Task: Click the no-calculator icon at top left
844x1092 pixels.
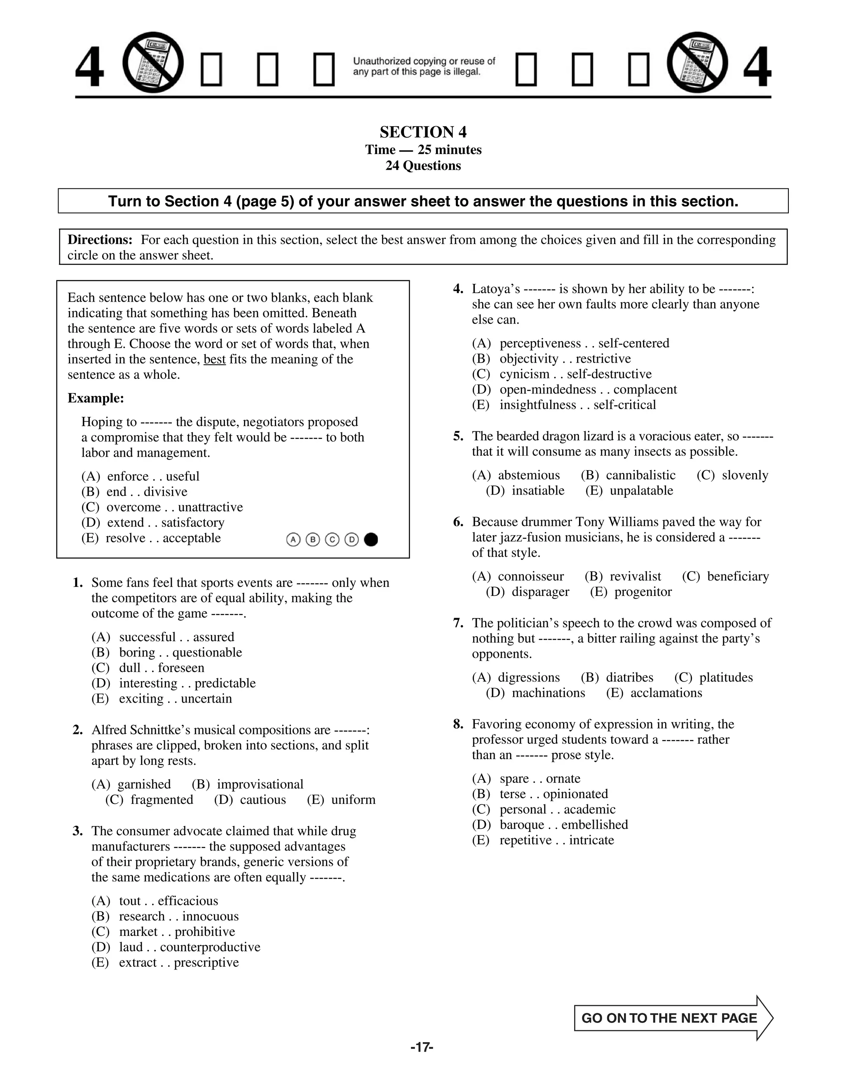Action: pyautogui.click(x=153, y=63)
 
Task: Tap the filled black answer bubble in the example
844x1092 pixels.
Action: pyautogui.click(x=371, y=539)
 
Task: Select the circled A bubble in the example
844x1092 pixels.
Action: pyautogui.click(x=293, y=539)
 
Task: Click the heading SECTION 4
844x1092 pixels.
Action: pyautogui.click(x=422, y=132)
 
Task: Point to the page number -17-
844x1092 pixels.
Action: pyautogui.click(x=422, y=1047)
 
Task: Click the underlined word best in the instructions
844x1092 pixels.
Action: pyautogui.click(x=214, y=359)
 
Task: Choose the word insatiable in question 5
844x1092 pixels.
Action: pyautogui.click(x=537, y=490)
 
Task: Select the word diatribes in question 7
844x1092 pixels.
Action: pyautogui.click(x=630, y=677)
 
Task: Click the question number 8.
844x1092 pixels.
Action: pyautogui.click(x=458, y=724)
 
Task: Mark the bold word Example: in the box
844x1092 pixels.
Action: pyautogui.click(x=96, y=398)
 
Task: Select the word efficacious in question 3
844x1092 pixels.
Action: pyautogui.click(x=188, y=900)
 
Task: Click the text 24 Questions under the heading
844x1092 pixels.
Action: pyautogui.click(x=422, y=166)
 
